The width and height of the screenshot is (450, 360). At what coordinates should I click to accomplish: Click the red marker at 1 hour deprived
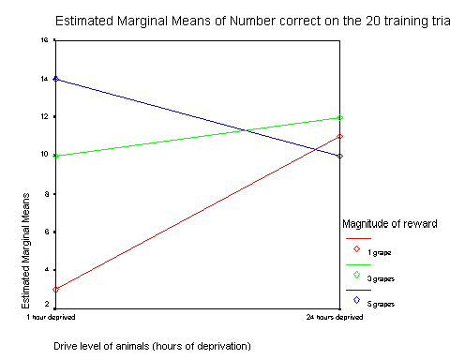tap(56, 289)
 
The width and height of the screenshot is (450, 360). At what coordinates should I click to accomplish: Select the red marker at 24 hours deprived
tap(340, 137)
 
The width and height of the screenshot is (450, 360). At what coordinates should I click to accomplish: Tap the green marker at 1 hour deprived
tap(56, 156)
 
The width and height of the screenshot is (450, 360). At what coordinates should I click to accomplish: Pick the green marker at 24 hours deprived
tap(340, 118)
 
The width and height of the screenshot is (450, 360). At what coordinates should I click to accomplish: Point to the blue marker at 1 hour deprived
tap(56, 80)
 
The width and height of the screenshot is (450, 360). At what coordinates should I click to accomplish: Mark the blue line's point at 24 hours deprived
tap(340, 156)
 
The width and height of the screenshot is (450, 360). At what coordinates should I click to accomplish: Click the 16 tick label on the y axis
tap(43, 41)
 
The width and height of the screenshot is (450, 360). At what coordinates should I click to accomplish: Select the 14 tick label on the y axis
tap(43, 80)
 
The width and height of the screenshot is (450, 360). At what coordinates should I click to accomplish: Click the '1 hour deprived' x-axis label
tap(55, 317)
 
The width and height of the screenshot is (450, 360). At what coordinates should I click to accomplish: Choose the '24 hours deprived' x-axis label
tap(339, 317)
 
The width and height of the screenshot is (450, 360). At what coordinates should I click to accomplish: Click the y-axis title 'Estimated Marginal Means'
tap(25, 248)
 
